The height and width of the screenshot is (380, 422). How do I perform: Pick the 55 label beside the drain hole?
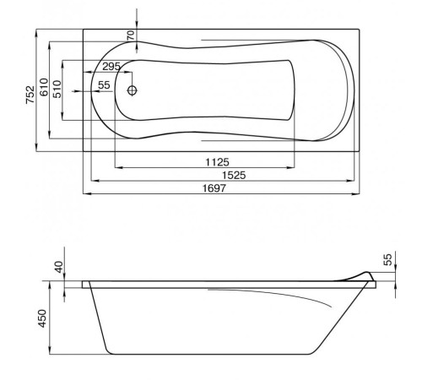pyautogui.click(x=104, y=85)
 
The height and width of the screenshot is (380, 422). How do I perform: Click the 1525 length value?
pyautogui.click(x=221, y=175)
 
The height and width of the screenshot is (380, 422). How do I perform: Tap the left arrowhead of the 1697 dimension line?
pyautogui.click(x=88, y=193)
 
